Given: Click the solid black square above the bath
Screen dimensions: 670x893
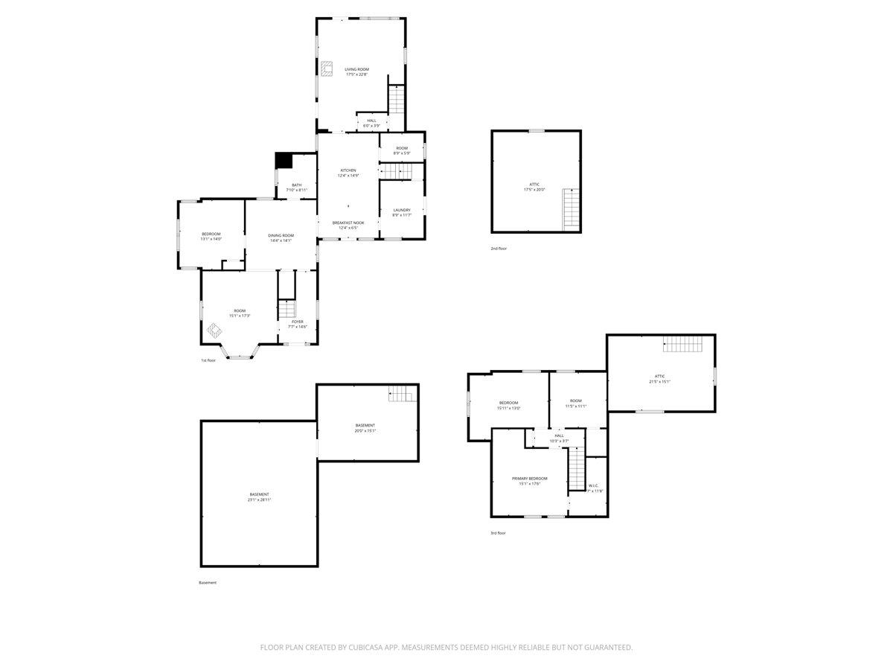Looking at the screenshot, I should [284, 160].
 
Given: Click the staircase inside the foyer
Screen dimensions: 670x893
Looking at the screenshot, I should [287, 308].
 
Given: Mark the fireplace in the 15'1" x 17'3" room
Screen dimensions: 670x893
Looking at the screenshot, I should [214, 329].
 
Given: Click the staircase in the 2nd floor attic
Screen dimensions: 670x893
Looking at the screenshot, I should [571, 208].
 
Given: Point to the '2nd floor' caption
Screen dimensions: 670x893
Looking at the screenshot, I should [499, 248].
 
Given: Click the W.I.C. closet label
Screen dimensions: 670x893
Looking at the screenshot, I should [594, 488].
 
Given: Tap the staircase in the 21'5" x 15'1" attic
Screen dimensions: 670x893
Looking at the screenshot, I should [682, 344].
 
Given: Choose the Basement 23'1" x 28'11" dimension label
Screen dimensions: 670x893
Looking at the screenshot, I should [259, 500].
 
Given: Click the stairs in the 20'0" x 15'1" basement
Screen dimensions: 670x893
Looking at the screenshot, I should [400, 394].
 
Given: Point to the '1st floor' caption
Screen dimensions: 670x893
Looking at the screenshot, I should [208, 360].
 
